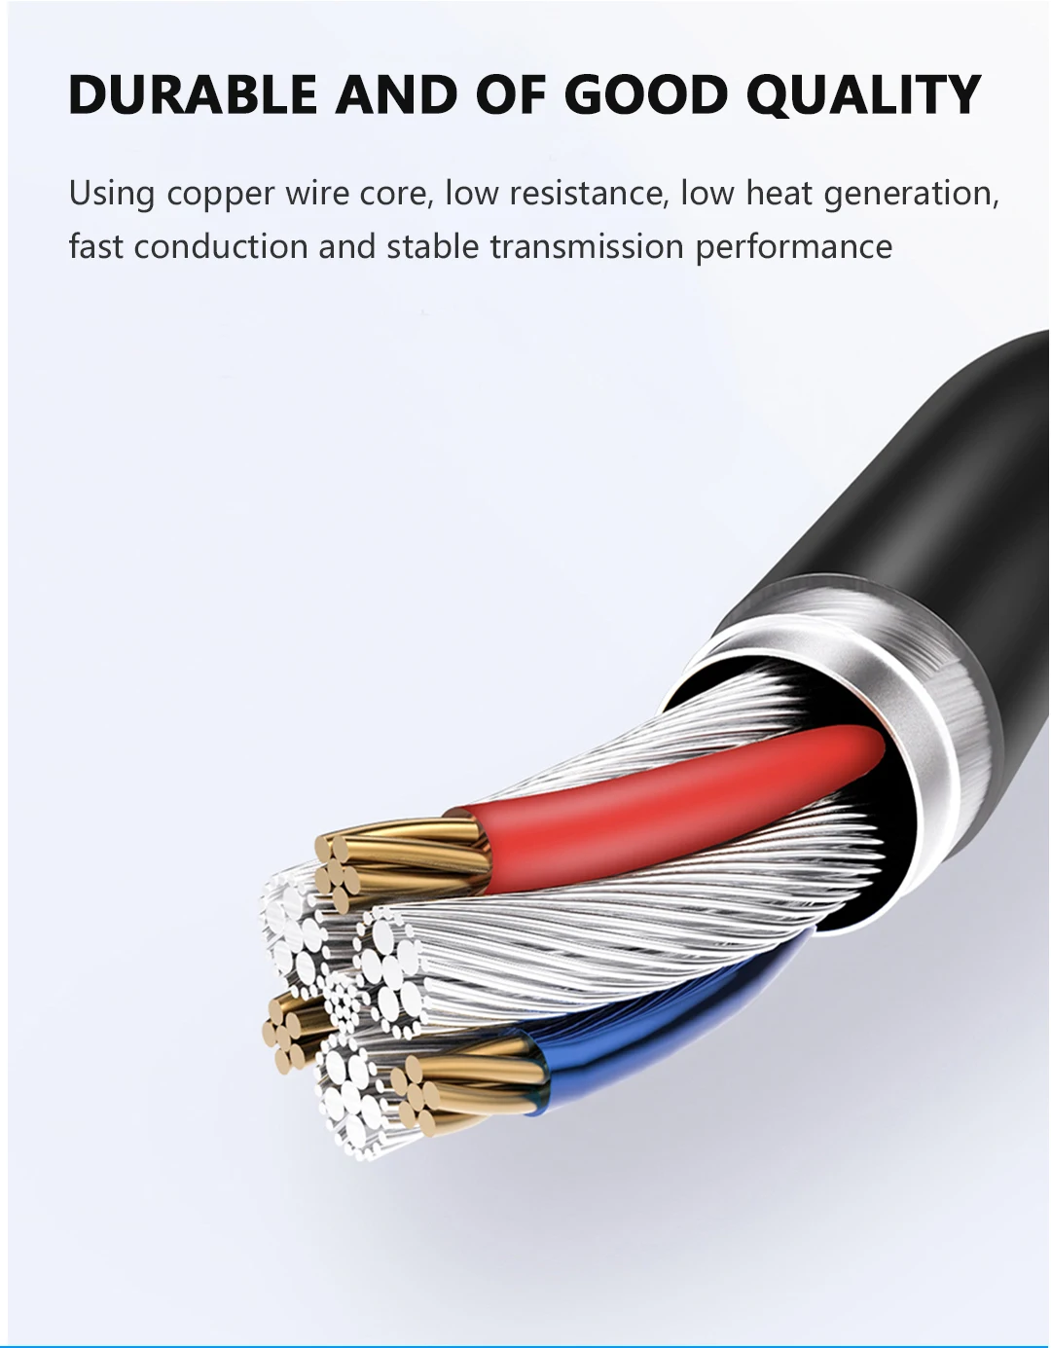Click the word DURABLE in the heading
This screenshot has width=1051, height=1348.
[193, 94]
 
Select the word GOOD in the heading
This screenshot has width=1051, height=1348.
[645, 94]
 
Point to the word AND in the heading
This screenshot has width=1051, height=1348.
[396, 94]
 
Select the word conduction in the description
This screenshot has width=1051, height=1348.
[221, 246]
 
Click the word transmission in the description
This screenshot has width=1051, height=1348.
[587, 246]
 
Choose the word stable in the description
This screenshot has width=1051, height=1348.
[432, 246]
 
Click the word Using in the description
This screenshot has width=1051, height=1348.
[112, 194]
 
